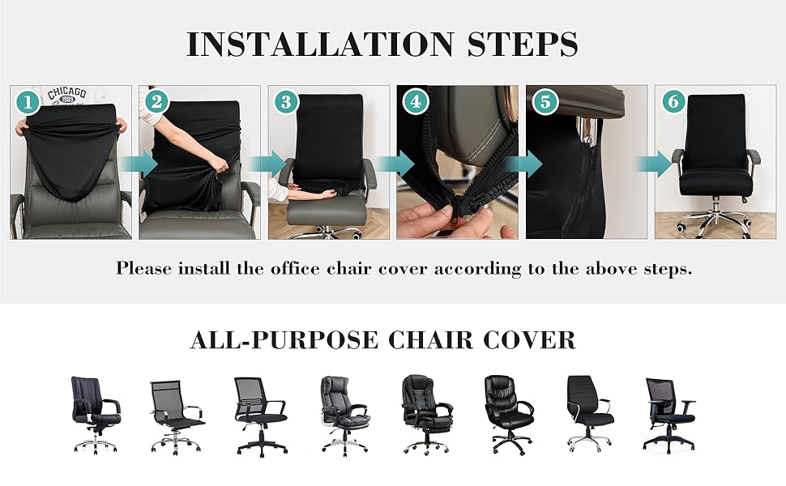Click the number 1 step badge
[x=28, y=102]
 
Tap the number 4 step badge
[x=416, y=102]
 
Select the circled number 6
[x=673, y=102]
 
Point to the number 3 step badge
[x=285, y=102]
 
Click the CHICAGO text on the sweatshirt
[x=66, y=96]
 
